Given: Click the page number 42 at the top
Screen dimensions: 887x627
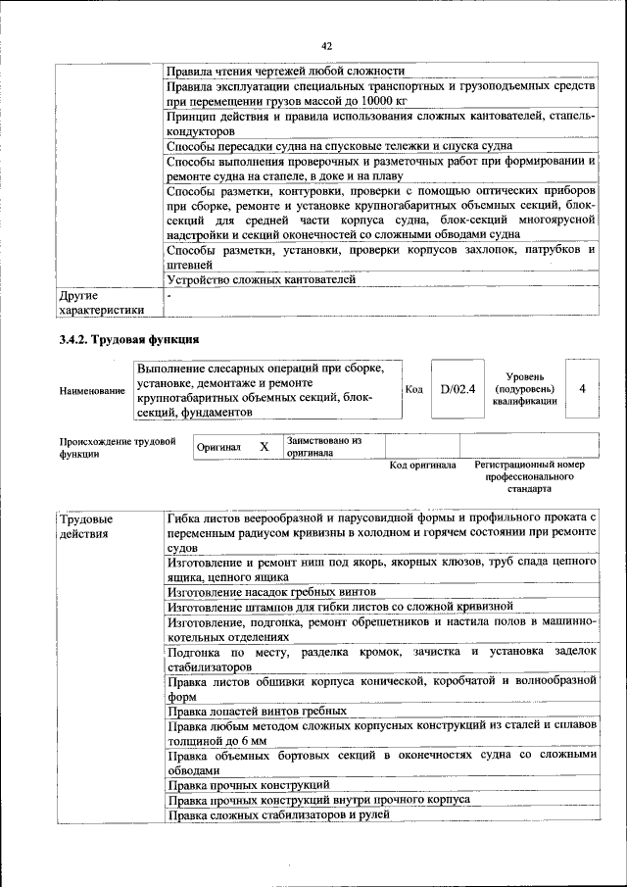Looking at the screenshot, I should pos(326,45).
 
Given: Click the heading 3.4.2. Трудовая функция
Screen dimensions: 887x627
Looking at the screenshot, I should pos(128,340).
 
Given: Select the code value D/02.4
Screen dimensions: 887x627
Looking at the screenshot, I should pos(457,389).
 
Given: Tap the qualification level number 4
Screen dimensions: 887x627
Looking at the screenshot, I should pos(583,389).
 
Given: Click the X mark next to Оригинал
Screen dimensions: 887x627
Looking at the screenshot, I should pos(264,447).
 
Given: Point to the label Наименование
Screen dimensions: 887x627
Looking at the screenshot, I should pos(92,390).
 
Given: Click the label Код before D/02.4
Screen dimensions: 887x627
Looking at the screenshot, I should pos(413,389).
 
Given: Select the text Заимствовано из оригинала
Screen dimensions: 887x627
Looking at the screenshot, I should pos(324,447).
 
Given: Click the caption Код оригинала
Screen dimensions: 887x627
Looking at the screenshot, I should pos(422,465).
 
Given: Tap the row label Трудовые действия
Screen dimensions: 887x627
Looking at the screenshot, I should pos(85,525).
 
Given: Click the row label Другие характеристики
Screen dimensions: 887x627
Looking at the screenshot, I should pos(101,302).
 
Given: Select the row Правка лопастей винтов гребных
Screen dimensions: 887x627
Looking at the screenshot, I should pos(257,710).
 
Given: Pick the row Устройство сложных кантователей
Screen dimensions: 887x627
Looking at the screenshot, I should pos(261,279).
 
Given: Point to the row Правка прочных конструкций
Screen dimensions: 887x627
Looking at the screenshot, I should pos(247,785).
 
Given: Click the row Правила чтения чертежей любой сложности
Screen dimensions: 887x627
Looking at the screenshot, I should pos(285,71).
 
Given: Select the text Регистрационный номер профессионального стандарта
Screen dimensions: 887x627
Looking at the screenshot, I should pos(528,475).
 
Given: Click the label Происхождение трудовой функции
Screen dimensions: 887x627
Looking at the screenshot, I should pos(117,448).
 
